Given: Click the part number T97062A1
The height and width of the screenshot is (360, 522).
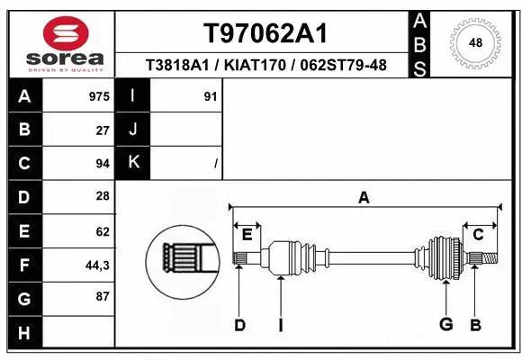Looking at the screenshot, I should click(x=264, y=33).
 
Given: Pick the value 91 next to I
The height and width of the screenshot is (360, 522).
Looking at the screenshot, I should click(x=211, y=96).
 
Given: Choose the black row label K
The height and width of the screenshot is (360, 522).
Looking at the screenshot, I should click(x=133, y=164).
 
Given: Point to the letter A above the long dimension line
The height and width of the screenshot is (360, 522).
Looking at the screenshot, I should click(x=364, y=197).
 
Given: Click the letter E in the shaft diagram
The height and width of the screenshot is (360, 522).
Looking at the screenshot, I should click(x=247, y=235).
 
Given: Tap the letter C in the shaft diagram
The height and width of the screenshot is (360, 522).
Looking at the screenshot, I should click(x=479, y=235).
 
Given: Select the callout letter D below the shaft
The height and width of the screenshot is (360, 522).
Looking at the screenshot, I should click(x=239, y=325).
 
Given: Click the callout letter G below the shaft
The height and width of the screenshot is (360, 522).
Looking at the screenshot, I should click(x=445, y=325).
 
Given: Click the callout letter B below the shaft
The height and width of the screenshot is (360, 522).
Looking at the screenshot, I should click(x=475, y=325).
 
